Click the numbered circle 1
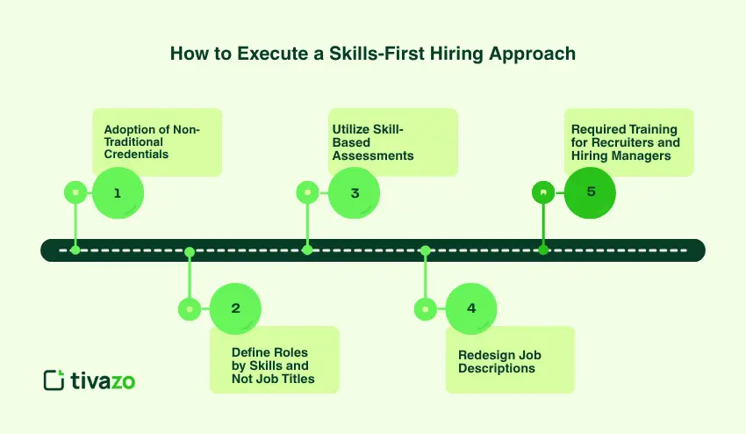tap(117, 192)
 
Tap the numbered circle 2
tap(235, 308)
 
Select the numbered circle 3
tap(355, 192)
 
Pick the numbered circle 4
tap(471, 308)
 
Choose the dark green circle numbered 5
tap(591, 192)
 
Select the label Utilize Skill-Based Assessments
tap(373, 142)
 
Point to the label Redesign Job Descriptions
tap(499, 361)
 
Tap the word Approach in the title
tap(536, 54)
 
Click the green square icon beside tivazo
tap(54, 380)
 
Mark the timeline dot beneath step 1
tap(75, 250)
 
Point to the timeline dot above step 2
tap(189, 251)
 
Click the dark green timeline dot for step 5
tap(543, 250)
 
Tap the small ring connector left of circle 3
tap(307, 192)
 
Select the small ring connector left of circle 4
tap(426, 308)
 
